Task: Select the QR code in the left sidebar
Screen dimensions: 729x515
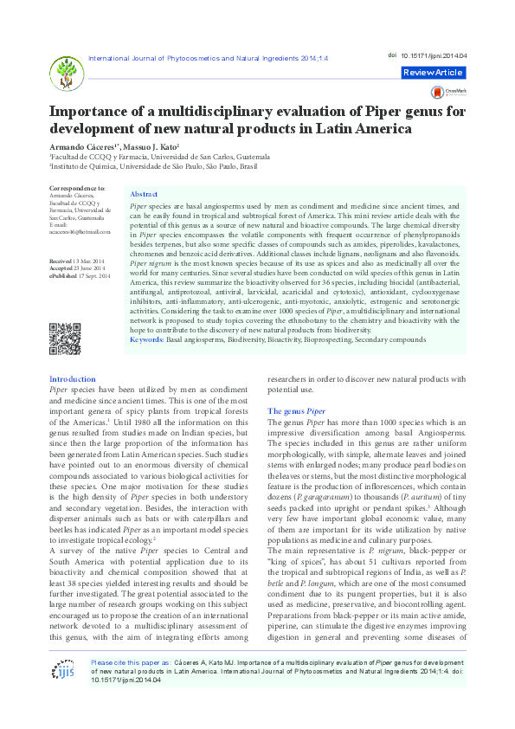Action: [x=65, y=338]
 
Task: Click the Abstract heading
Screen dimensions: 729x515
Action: [x=144, y=195]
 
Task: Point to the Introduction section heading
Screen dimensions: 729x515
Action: [x=73, y=379]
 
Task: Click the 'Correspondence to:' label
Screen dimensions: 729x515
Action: [x=78, y=188]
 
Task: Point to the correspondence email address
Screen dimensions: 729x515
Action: [x=80, y=233]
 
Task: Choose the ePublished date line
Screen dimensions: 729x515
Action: [x=80, y=274]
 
